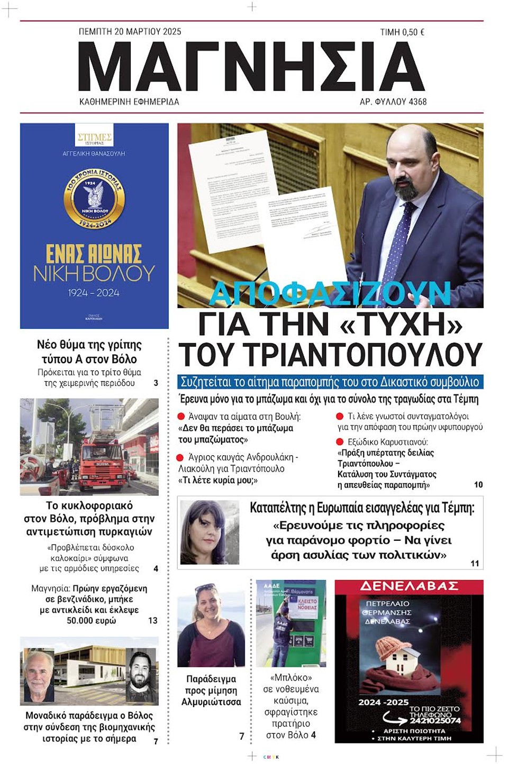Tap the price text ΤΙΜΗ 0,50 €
402,32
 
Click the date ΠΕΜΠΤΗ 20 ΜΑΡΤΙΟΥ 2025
130,32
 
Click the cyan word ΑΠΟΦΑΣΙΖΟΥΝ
330,293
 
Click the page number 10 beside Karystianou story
478,484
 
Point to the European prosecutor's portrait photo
210,532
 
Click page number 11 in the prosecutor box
475,564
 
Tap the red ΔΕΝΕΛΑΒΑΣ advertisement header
409,586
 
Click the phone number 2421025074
434,720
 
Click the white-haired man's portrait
39,676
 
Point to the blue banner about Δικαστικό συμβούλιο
330,382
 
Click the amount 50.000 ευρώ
91,621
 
